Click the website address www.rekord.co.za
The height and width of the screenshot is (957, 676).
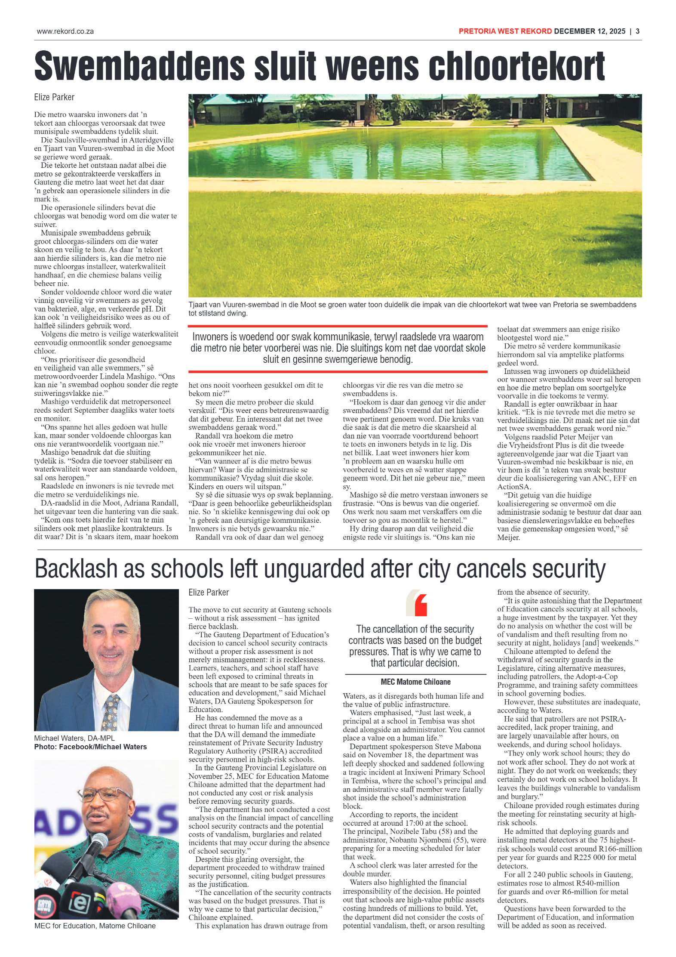click(65, 31)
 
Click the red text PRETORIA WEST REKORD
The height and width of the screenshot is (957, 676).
click(505, 31)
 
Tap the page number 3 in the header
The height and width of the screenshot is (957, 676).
click(637, 31)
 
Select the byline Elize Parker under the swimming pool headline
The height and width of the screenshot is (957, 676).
click(54, 97)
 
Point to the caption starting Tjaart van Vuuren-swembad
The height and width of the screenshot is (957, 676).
click(412, 309)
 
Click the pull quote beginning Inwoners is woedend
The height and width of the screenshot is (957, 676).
click(338, 348)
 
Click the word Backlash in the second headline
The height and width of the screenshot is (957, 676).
click(76, 569)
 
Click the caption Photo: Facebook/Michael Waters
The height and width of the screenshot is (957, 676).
click(90, 747)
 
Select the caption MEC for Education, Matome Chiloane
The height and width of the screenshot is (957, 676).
click(95, 926)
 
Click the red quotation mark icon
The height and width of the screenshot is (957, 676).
click(420, 605)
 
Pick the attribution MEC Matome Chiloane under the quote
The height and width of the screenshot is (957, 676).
click(415, 682)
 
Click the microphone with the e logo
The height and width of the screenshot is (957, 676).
click(80, 902)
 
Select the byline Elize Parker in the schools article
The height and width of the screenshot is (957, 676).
click(209, 593)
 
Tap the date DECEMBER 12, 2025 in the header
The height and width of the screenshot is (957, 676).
click(589, 31)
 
